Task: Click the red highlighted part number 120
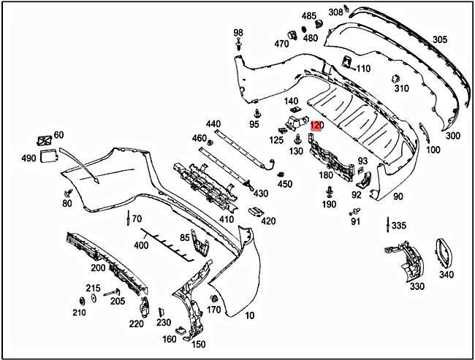(316, 126)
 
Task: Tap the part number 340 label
(446, 275)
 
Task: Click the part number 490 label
(28, 158)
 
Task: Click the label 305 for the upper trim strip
(439, 39)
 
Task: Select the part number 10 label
(250, 316)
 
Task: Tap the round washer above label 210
(80, 301)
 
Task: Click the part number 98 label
(238, 33)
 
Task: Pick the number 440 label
(213, 123)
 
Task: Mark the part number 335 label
(398, 226)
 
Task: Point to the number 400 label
(140, 245)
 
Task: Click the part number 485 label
(309, 16)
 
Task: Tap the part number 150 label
(198, 344)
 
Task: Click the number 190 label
(330, 205)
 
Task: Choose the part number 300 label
(452, 136)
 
